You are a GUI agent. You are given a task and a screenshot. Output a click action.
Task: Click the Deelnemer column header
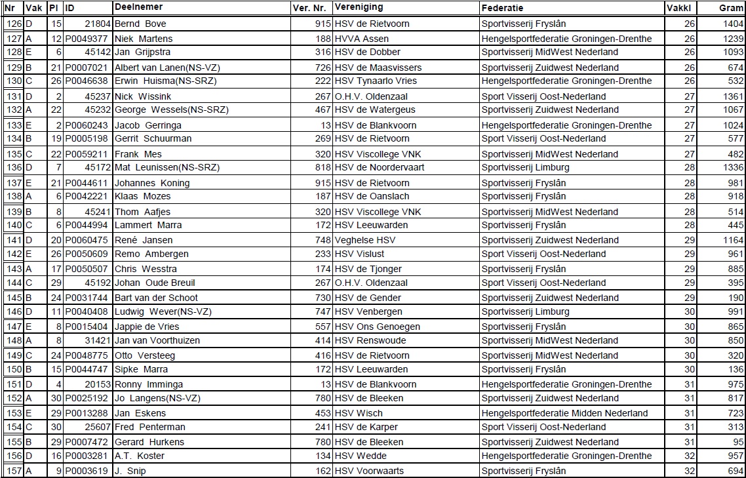[138, 7]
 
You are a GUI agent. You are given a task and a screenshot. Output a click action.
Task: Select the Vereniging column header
[359, 7]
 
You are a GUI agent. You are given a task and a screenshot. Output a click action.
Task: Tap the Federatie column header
[502, 8]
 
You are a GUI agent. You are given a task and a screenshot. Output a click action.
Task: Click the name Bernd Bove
[140, 24]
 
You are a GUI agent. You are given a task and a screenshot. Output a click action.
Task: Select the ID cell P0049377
[87, 39]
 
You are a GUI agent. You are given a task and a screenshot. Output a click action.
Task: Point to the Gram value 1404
[733, 24]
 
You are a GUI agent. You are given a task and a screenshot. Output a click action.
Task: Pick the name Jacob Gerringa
[148, 125]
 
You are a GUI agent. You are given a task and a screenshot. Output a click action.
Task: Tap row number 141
[14, 241]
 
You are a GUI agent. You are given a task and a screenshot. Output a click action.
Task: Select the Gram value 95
[738, 442]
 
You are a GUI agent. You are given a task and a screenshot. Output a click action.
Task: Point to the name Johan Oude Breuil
[155, 283]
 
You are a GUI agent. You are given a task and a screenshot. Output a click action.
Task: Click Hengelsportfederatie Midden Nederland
[564, 414]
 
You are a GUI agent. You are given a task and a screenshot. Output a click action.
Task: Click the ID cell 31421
[97, 341]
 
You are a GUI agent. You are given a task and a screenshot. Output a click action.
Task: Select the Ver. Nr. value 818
[323, 168]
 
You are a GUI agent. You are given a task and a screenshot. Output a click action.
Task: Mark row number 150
[14, 369]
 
